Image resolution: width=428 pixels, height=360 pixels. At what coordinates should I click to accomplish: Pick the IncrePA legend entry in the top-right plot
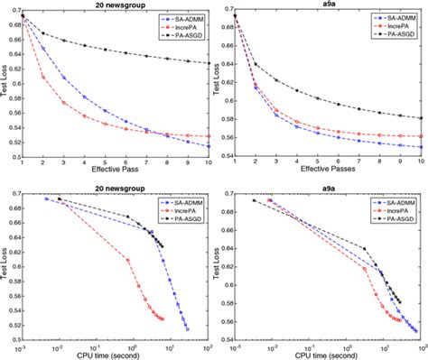[385, 27]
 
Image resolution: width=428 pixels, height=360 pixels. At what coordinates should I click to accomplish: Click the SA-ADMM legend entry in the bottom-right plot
[385, 198]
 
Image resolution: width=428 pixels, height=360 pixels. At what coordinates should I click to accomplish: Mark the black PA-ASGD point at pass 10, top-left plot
[208, 64]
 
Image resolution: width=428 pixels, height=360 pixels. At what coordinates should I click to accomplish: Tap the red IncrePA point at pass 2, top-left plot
[43, 78]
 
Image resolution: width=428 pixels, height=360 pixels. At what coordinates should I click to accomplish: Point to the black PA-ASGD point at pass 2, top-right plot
[256, 64]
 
